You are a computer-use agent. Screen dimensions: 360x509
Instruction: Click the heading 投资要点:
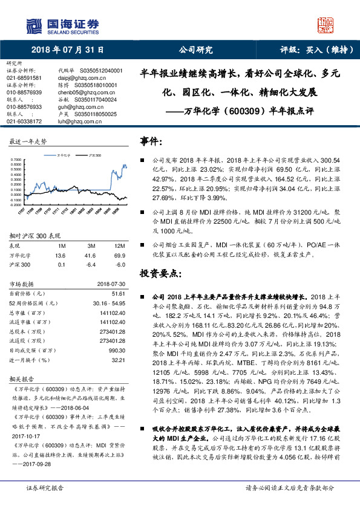159,273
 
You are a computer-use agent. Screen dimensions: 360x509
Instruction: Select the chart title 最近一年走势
28,141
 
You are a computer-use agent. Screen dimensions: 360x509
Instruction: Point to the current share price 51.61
118,293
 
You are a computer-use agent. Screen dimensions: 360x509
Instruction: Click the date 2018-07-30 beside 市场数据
110,283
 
